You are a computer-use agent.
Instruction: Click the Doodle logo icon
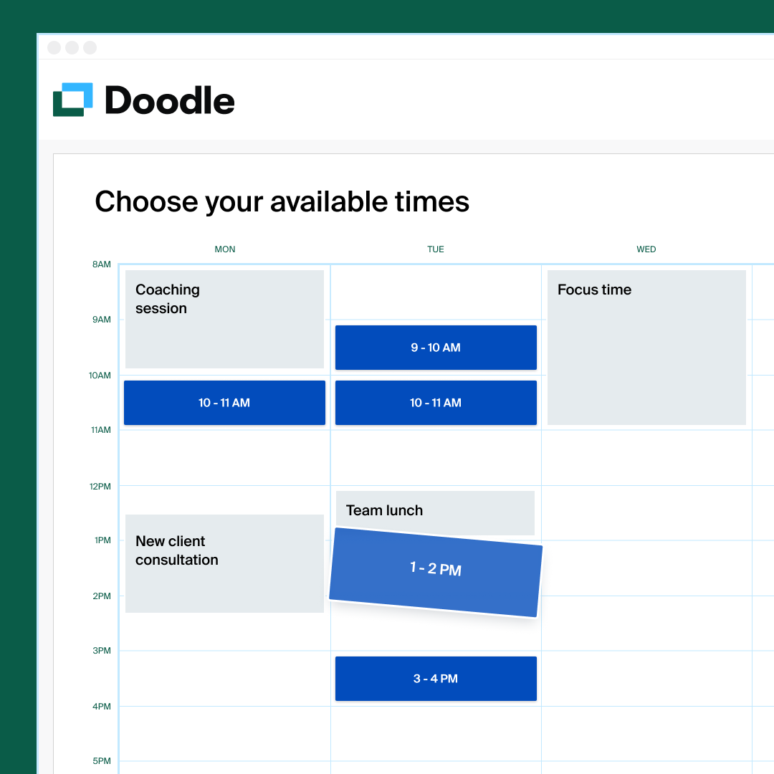point(73,100)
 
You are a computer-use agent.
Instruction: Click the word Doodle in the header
point(170,100)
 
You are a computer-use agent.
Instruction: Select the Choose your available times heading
point(282,202)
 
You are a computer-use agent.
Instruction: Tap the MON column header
point(225,249)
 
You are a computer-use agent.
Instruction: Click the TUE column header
point(436,249)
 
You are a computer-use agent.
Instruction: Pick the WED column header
point(646,249)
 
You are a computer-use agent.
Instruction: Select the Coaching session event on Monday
point(224,319)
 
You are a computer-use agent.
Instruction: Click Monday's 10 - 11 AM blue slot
point(224,403)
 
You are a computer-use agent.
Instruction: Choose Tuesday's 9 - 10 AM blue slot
point(436,348)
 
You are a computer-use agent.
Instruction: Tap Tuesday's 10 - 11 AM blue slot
point(436,403)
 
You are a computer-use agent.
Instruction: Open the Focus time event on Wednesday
point(646,348)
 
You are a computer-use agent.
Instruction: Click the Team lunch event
point(435,511)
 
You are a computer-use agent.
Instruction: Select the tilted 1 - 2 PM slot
point(435,571)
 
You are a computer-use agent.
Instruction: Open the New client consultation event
point(224,563)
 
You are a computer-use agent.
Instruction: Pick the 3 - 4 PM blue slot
point(436,679)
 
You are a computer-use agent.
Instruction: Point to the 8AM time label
point(102,264)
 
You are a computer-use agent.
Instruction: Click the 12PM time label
point(100,487)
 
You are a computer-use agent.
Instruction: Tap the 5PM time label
point(102,761)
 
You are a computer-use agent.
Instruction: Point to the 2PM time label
point(102,596)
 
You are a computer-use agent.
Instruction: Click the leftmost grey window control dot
point(54,48)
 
